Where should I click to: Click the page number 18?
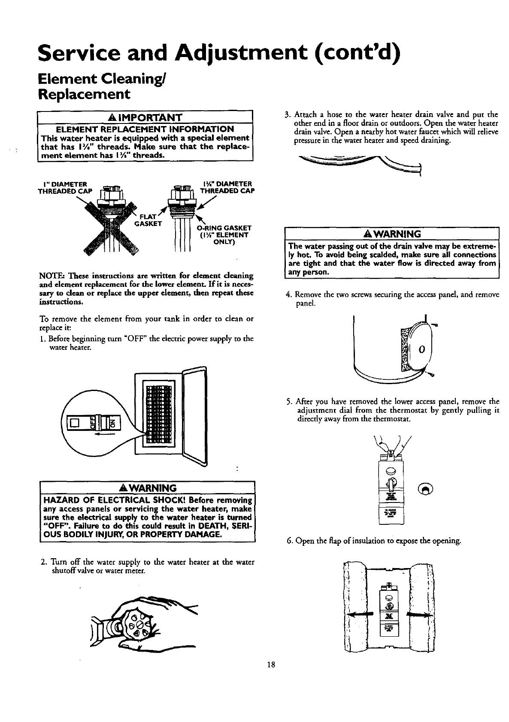point(270,665)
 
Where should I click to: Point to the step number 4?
point(288,295)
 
